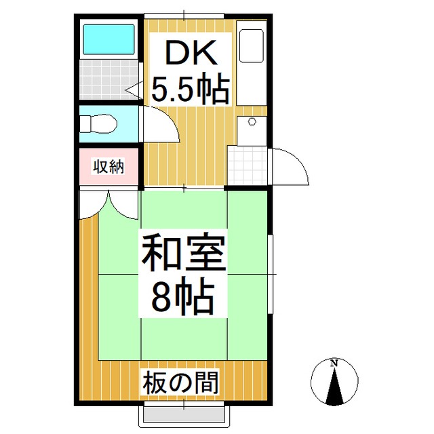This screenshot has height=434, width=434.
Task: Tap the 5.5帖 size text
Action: (x=189, y=89)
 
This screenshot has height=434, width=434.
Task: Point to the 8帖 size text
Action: (x=182, y=296)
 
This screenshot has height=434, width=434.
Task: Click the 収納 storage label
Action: (x=108, y=166)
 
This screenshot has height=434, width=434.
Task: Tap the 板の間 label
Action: (x=182, y=384)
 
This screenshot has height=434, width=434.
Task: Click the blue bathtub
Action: (x=108, y=40)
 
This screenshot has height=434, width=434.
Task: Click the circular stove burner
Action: (x=252, y=122)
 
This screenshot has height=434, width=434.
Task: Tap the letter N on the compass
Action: (x=334, y=364)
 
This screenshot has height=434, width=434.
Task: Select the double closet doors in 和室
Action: (x=109, y=204)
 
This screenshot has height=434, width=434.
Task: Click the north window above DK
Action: (x=184, y=14)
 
